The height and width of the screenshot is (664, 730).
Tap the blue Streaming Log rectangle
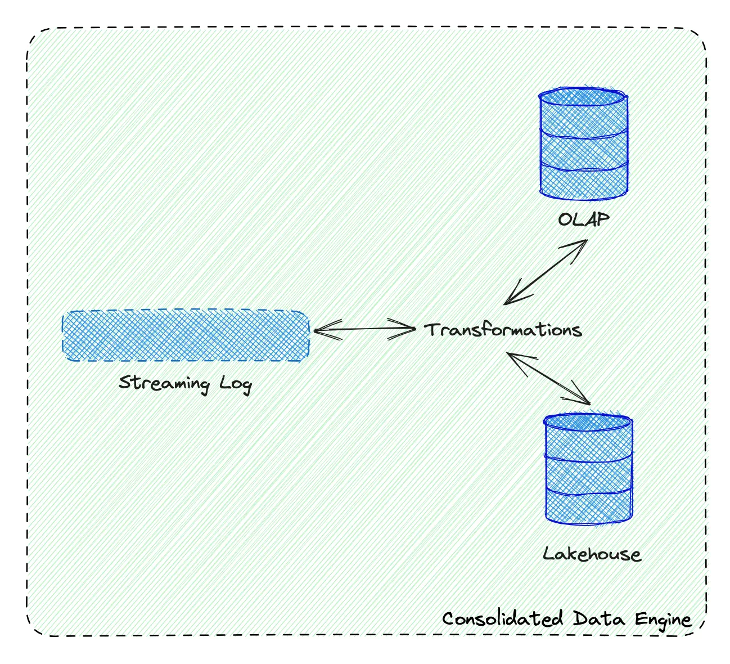point(186,336)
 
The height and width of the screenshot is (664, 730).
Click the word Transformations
point(503,330)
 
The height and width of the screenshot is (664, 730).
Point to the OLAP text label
point(584,219)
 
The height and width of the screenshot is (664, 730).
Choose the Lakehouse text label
point(592,554)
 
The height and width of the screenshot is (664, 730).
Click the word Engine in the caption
point(663,620)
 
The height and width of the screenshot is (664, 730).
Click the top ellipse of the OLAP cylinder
point(583,97)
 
